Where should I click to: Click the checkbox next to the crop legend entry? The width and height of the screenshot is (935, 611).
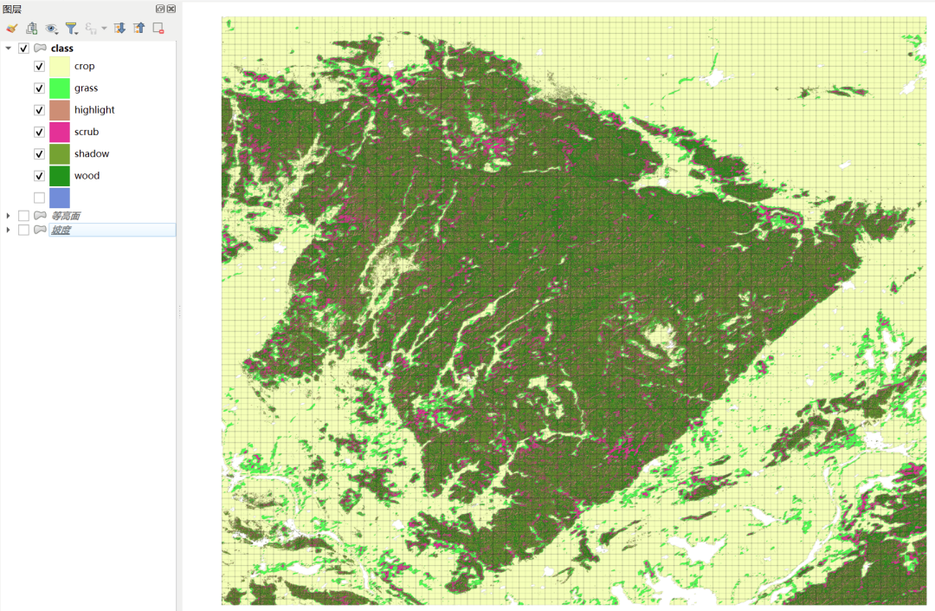tap(39, 66)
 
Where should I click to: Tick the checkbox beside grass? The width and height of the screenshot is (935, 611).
tap(39, 88)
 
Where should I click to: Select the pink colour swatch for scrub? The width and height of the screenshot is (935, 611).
tap(60, 132)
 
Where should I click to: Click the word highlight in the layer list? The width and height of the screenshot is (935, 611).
tap(94, 110)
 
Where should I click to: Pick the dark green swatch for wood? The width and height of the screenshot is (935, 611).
tap(60, 176)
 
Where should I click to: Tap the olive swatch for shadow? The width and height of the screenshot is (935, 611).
tap(60, 154)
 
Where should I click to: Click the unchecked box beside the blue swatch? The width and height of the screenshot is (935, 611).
tap(39, 198)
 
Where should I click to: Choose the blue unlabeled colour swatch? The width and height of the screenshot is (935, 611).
tap(60, 198)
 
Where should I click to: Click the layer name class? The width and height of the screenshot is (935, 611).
tap(62, 49)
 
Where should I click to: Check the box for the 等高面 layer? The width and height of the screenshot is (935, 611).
tap(23, 216)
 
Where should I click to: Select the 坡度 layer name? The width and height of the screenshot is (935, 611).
tap(60, 230)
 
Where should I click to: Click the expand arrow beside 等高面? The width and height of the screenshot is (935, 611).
tap(9, 216)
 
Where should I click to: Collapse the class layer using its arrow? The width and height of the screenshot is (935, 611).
tap(9, 49)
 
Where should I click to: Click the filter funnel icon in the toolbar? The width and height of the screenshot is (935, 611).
tap(72, 29)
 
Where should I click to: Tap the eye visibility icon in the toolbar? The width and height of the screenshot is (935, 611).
tap(51, 29)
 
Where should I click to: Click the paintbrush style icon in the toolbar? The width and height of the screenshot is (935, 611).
tap(11, 29)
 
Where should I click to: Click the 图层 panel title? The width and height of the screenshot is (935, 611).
tap(12, 9)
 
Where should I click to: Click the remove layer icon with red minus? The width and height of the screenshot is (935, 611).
tap(158, 29)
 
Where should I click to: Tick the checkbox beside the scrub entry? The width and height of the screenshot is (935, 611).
tap(39, 132)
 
